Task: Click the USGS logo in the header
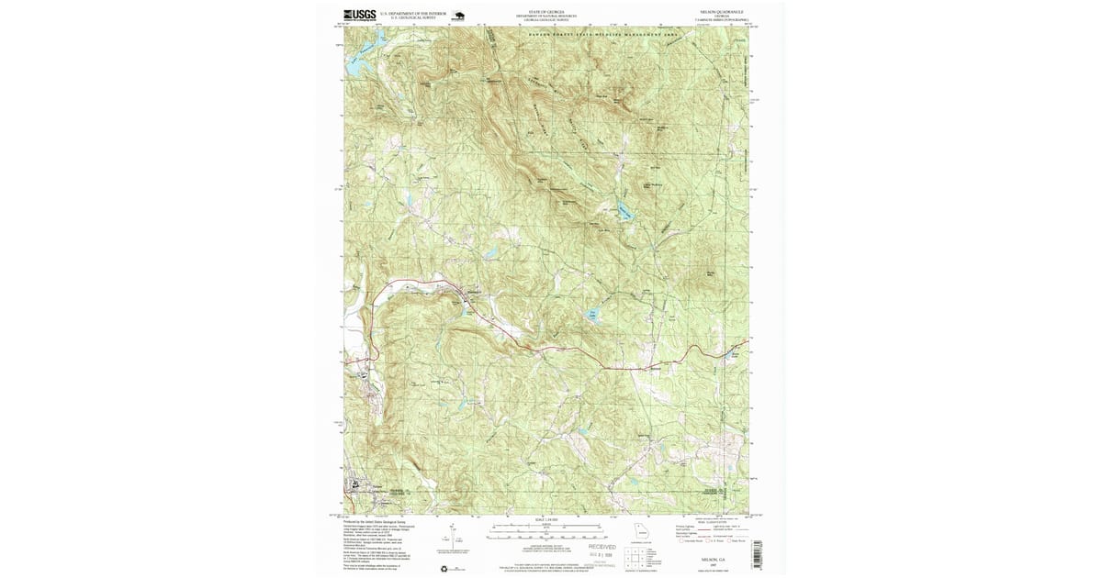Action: (359, 15)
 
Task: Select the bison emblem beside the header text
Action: (457, 16)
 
